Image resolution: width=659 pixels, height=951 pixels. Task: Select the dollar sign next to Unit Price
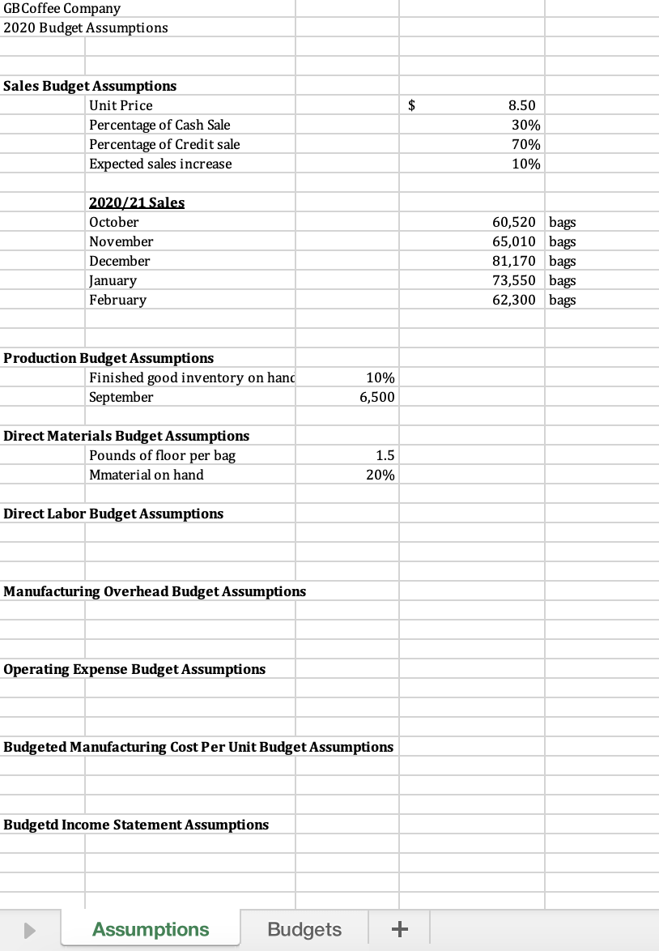click(413, 105)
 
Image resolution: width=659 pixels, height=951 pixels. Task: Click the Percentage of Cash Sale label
click(159, 125)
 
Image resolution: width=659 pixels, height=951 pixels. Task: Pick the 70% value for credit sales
click(526, 144)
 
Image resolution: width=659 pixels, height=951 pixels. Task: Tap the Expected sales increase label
click(160, 164)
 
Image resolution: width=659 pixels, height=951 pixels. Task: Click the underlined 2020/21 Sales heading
click(137, 203)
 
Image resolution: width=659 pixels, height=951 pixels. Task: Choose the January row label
click(113, 280)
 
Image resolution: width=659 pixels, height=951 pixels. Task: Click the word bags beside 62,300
click(563, 300)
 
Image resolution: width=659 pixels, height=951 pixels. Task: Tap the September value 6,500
click(377, 397)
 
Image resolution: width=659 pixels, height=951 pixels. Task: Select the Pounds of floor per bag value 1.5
click(385, 455)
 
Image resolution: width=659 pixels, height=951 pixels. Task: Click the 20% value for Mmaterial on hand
click(381, 475)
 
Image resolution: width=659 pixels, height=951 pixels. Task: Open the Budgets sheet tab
click(304, 929)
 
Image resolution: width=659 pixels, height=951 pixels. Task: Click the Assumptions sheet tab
click(151, 929)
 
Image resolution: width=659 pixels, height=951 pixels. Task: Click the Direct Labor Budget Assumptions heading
click(113, 514)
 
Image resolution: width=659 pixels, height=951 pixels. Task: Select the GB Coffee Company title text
click(62, 8)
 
